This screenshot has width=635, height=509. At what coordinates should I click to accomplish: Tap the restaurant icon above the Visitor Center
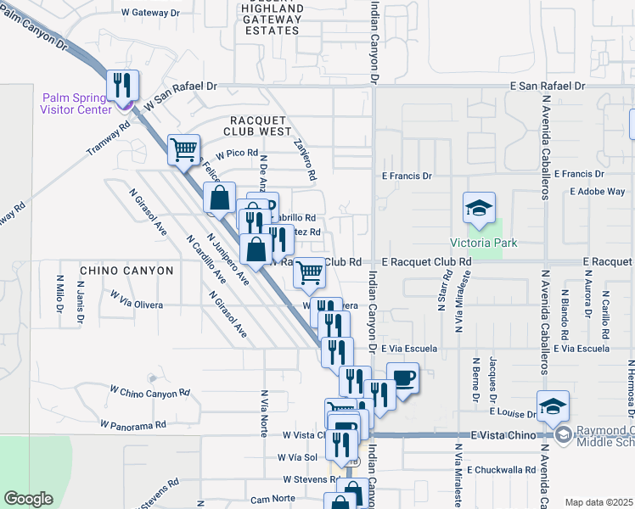coord(122,85)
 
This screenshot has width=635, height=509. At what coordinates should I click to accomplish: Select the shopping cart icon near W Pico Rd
coord(184,150)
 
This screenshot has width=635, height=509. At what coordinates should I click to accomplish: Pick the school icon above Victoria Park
coord(479,208)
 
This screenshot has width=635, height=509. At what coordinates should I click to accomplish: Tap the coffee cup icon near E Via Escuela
coord(403,378)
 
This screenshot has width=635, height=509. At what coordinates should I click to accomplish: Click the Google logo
coord(29,499)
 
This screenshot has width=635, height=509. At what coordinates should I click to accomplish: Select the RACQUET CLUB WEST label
coord(257,126)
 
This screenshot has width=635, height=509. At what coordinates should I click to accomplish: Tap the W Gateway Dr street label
coord(151,13)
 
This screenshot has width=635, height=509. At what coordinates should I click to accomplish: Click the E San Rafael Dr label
coord(547,87)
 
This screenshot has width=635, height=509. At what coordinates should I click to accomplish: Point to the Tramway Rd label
coord(108,138)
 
